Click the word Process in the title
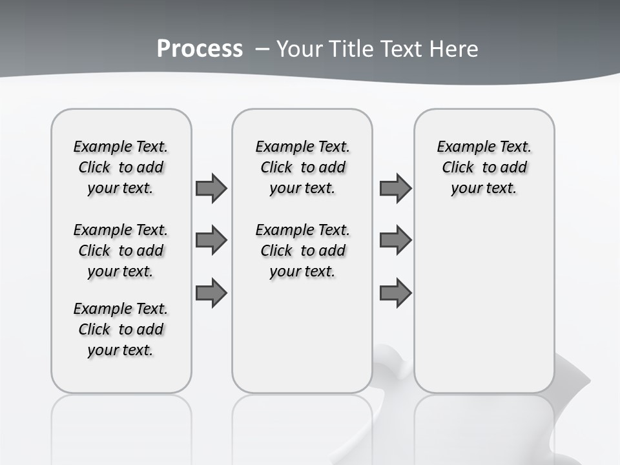point(200,49)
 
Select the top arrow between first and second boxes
point(211,189)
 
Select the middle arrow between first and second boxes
point(211,240)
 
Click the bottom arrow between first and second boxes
point(211,293)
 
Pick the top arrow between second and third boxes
point(395,189)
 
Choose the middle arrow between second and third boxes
point(395,240)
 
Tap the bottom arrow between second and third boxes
point(395,293)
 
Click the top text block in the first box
point(121,167)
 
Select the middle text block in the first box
point(121,251)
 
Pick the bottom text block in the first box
point(121,329)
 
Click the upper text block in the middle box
point(302,167)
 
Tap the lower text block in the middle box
point(302,251)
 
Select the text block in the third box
point(484,167)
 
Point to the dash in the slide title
point(262,49)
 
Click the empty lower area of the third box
point(484,310)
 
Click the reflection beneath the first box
point(121,426)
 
